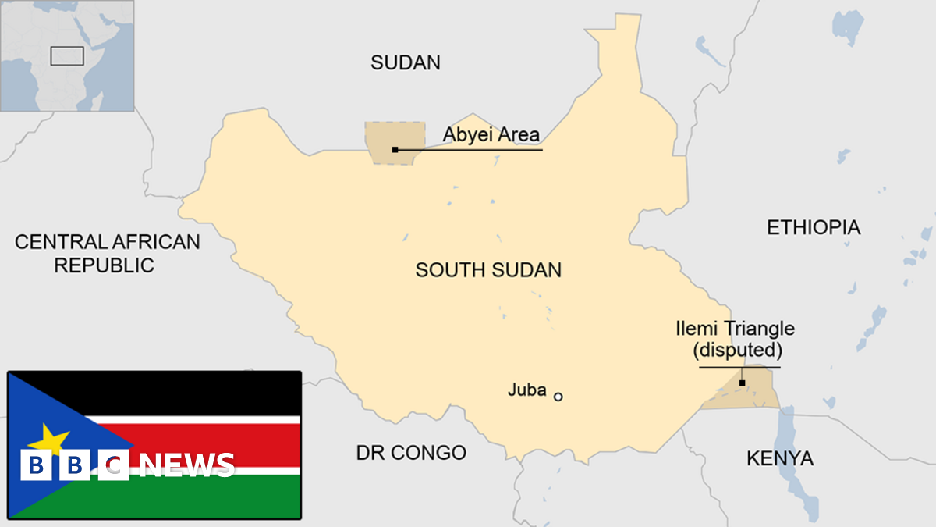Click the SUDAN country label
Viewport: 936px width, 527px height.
pyautogui.click(x=406, y=62)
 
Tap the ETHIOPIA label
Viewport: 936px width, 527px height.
pyautogui.click(x=814, y=227)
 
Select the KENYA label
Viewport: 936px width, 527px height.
pyautogui.click(x=780, y=458)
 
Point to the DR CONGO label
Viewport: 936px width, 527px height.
pyautogui.click(x=411, y=452)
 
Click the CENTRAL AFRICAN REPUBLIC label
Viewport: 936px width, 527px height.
pyautogui.click(x=107, y=253)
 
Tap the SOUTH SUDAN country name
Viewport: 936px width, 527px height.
pyautogui.click(x=488, y=270)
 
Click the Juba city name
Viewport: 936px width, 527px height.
pyautogui.click(x=526, y=390)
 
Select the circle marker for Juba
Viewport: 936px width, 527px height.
pyautogui.click(x=558, y=397)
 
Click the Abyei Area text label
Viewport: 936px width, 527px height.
pyautogui.click(x=491, y=135)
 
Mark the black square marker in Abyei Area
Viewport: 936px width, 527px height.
pyautogui.click(x=395, y=149)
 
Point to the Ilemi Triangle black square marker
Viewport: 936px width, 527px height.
pyautogui.click(x=742, y=383)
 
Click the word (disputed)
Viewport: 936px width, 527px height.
pyautogui.click(x=738, y=351)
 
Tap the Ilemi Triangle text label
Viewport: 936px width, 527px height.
pyautogui.click(x=736, y=329)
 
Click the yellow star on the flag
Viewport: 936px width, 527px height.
pyautogui.click(x=48, y=439)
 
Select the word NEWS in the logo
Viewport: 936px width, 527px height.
pyautogui.click(x=187, y=465)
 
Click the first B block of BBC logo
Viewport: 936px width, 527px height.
pyautogui.click(x=34, y=466)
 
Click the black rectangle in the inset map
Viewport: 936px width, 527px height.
pyautogui.click(x=67, y=55)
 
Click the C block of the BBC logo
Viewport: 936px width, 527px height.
pyautogui.click(x=115, y=466)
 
